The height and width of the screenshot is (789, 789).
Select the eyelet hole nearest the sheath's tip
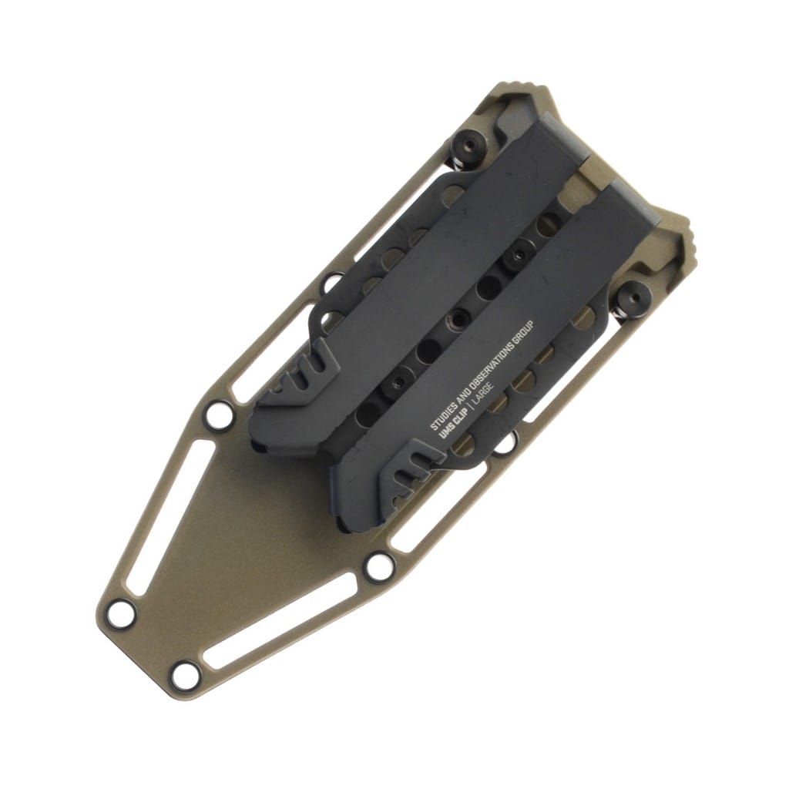point(185,676)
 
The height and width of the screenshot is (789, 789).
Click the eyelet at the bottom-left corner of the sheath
point(121,614)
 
